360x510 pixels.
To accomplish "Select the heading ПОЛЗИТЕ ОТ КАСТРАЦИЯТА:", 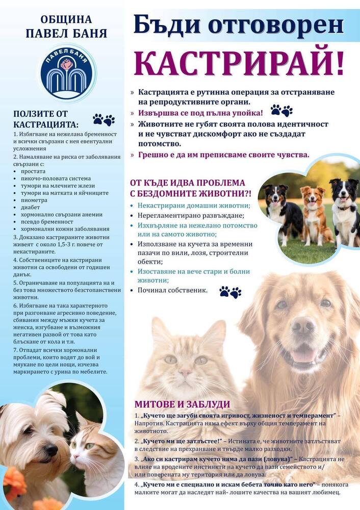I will (x=46, y=119).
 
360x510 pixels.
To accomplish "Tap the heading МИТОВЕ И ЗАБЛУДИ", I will (x=182, y=403).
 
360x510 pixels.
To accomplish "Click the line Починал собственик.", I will (x=172, y=290).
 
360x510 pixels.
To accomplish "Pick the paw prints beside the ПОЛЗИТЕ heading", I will (x=104, y=120).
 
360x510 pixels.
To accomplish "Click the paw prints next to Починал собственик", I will (x=230, y=292).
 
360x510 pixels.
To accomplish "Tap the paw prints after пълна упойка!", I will (x=281, y=110).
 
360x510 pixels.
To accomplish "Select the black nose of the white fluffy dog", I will (x=50, y=449).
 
